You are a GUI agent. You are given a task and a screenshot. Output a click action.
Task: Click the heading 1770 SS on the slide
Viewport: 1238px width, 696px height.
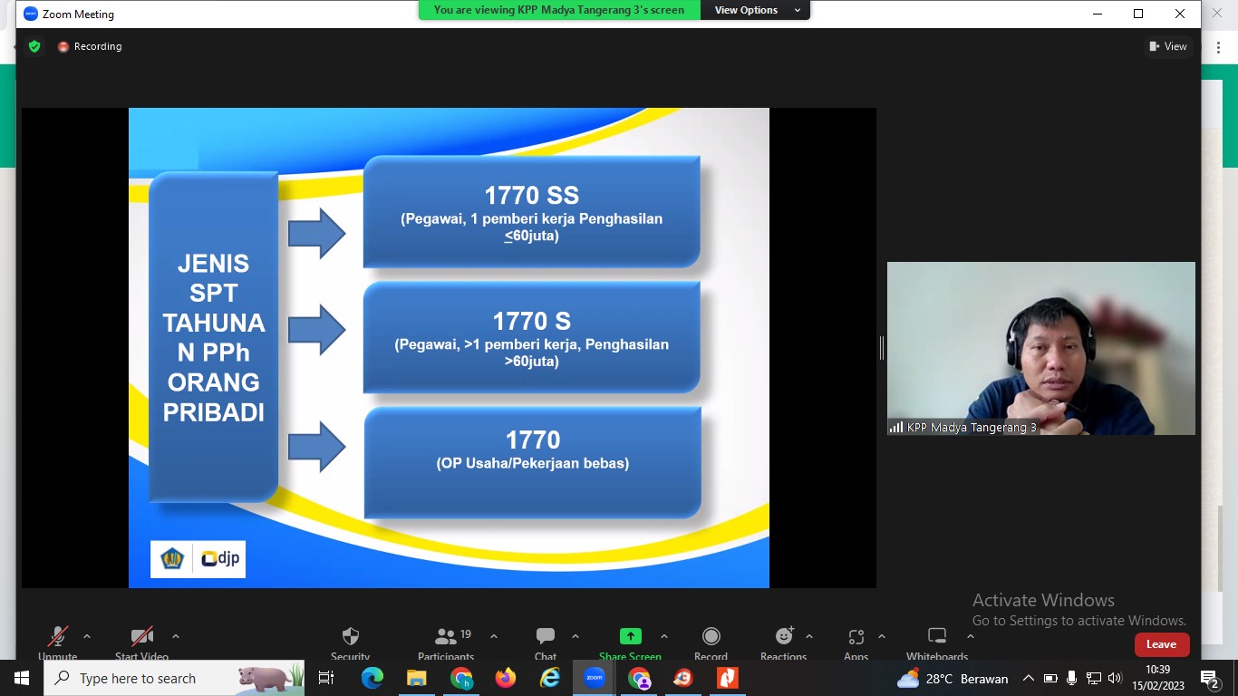tap(532, 195)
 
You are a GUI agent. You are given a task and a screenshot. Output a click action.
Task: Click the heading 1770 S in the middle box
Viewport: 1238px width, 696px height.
tap(532, 321)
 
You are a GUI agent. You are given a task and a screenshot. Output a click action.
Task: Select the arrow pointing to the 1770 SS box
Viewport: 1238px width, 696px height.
tap(317, 233)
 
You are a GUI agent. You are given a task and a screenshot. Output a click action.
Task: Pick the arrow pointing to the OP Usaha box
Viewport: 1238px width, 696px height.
tap(317, 447)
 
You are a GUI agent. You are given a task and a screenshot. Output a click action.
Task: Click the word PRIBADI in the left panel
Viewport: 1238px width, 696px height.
tap(214, 412)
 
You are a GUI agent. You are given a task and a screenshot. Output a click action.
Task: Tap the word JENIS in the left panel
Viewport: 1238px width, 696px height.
tap(213, 264)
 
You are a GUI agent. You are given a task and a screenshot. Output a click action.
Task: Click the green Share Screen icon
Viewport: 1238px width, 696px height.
tap(630, 636)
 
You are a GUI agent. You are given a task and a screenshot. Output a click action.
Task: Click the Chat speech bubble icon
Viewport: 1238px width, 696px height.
tap(545, 636)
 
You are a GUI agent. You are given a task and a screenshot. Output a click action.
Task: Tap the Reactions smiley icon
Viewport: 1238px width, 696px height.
tap(784, 636)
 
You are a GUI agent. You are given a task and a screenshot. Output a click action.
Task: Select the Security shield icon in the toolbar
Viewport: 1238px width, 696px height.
tap(351, 636)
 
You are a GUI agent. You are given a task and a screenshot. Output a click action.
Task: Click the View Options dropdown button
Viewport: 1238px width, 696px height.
tap(755, 10)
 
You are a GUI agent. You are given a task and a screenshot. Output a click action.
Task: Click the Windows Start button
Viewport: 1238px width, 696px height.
tap(22, 678)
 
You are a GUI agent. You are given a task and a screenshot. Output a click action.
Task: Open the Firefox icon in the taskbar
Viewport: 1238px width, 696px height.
tap(505, 678)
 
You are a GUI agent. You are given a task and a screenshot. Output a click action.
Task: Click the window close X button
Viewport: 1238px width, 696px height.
tap(1179, 14)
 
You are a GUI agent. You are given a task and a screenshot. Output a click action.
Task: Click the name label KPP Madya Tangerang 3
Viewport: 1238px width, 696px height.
tap(972, 428)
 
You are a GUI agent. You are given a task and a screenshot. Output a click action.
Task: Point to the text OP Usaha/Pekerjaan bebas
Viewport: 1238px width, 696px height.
tap(533, 463)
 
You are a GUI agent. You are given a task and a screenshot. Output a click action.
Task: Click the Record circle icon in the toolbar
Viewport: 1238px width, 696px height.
tap(711, 636)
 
